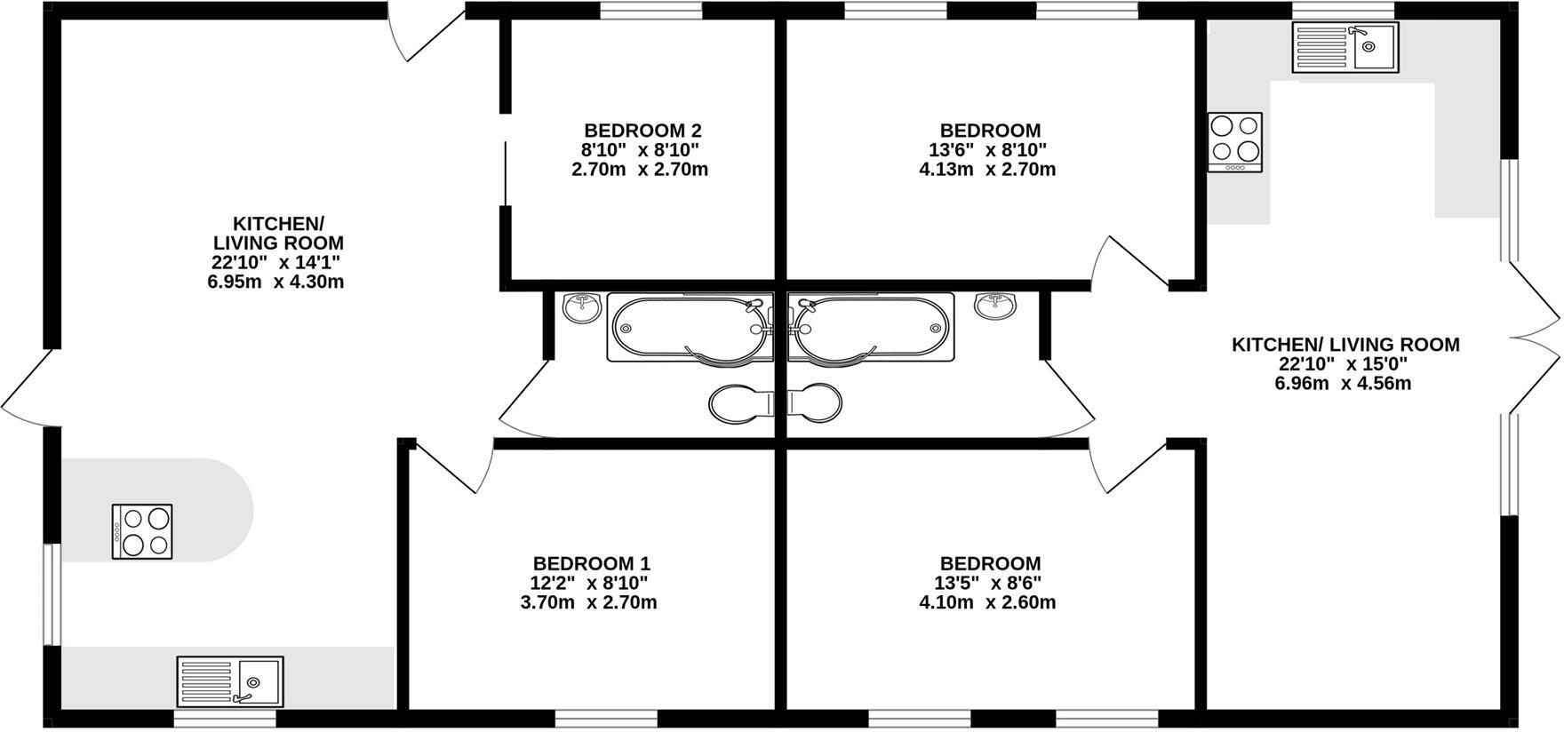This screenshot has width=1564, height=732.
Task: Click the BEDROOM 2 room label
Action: [x=642, y=131]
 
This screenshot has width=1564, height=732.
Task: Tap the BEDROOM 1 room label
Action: [x=592, y=563]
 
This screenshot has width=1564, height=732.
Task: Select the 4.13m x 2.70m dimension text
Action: [x=987, y=169]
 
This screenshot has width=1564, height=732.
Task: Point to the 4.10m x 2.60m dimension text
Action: [x=987, y=602]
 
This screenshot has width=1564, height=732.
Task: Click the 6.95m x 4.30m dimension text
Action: [x=275, y=282]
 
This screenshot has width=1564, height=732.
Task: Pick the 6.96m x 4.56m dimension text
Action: [x=1343, y=384]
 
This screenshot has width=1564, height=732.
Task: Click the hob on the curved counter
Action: [x=142, y=531]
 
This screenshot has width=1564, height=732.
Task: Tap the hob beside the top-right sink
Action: [x=1235, y=142]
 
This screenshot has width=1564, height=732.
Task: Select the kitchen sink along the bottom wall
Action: [x=230, y=680]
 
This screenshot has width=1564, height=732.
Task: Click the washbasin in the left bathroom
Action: [x=582, y=307]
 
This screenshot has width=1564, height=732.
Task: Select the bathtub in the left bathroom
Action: [x=690, y=328]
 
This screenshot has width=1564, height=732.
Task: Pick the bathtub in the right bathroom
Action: [x=870, y=328]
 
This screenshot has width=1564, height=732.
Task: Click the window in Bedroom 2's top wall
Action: [x=650, y=11]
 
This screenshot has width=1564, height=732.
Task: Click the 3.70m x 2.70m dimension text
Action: [x=588, y=602]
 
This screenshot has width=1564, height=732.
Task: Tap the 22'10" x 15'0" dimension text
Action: [x=1343, y=364]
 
